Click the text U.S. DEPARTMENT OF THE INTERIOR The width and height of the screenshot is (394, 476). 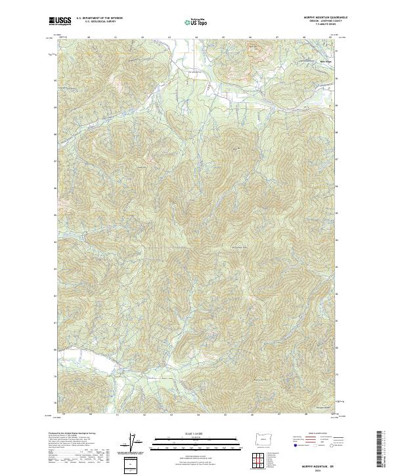[99, 18]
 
